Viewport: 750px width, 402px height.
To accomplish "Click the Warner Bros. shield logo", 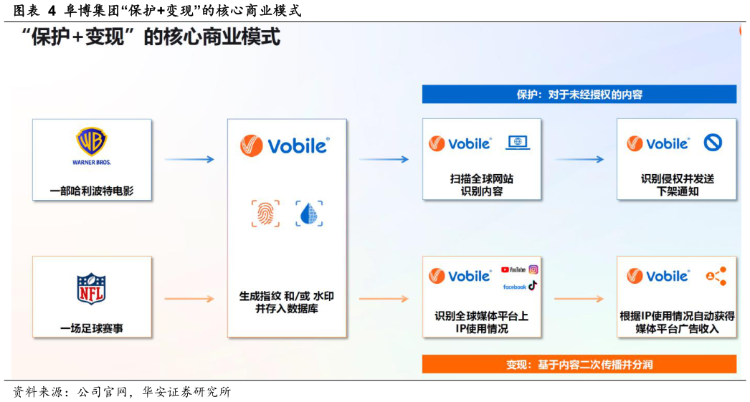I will click(x=92, y=143).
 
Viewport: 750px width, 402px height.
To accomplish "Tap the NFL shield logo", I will click(x=91, y=288).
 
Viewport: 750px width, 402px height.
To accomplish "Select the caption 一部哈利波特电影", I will click(x=92, y=191).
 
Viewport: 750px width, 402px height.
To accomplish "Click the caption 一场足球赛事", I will click(x=92, y=329).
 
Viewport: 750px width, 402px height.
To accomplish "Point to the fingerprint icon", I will click(x=265, y=214).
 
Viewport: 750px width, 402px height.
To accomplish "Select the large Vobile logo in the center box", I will click(x=285, y=145).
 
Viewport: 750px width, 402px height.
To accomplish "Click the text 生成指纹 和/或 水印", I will click(x=286, y=296).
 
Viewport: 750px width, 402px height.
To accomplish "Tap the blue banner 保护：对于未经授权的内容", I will click(x=579, y=95).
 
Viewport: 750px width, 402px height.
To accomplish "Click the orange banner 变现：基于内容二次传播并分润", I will click(x=579, y=365).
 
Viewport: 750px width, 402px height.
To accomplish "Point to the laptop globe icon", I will click(x=518, y=143).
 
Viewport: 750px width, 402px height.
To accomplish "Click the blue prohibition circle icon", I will click(x=712, y=143).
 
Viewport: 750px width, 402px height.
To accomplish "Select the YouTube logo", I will click(x=513, y=270).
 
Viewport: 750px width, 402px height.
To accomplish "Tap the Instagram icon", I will click(x=533, y=269).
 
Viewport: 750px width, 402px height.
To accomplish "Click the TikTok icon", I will click(x=533, y=286).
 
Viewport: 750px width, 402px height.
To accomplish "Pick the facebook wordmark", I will click(x=514, y=287).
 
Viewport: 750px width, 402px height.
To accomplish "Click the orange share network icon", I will click(x=716, y=276).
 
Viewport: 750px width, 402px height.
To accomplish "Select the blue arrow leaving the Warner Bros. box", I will click(x=189, y=159).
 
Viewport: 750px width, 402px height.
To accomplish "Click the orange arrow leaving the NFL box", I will click(x=189, y=298).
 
